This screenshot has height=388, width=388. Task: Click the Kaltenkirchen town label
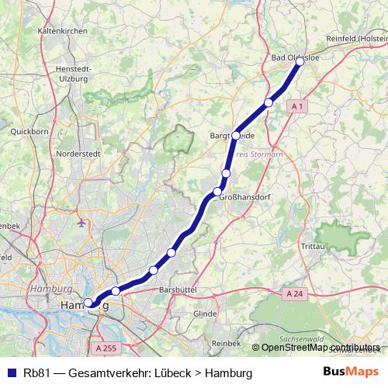[61, 30]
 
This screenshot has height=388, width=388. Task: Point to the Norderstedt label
[80, 154]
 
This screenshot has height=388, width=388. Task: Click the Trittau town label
[314, 247]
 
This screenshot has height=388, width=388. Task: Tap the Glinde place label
[205, 314]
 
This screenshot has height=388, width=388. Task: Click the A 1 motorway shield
[300, 105]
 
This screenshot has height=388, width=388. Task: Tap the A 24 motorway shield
[294, 294]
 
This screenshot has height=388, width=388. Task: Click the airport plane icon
[83, 223]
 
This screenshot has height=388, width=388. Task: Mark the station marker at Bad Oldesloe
[300, 61]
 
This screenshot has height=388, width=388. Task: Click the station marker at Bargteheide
[236, 135]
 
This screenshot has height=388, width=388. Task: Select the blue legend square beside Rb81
[11, 373]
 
